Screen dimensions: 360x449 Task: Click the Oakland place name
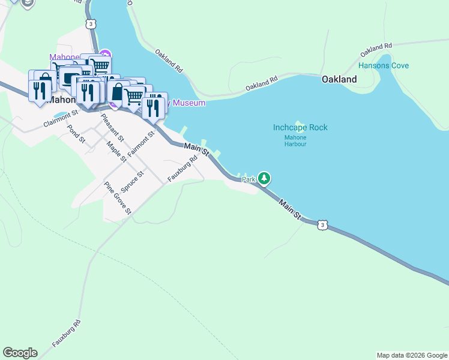coord(339,79)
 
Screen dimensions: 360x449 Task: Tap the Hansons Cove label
coord(383,65)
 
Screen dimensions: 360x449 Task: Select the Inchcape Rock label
coord(300,128)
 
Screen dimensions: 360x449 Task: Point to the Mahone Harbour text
coord(295,140)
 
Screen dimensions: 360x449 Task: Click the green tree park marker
coord(264,178)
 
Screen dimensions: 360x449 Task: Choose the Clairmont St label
coord(61,119)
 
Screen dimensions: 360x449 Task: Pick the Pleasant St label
coord(112,127)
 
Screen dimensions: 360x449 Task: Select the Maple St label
coord(116,151)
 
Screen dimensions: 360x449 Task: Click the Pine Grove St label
coord(118,198)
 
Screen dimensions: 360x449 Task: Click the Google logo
coord(20,353)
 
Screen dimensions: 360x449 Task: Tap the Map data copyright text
coord(412,355)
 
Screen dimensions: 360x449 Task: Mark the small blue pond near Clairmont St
coord(62,114)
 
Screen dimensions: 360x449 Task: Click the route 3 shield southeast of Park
coord(323,224)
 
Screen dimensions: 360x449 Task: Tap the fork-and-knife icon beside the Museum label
coord(154,107)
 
